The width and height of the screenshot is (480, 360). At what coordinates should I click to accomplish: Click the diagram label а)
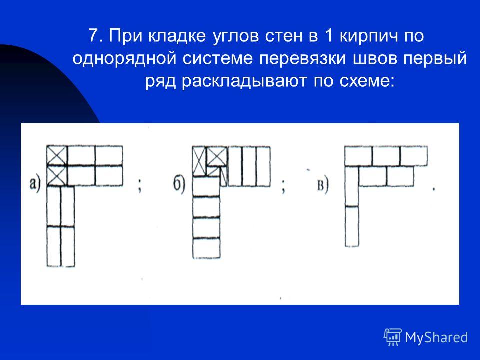click(x=35, y=185)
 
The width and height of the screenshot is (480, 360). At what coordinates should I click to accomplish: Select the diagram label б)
click(x=179, y=185)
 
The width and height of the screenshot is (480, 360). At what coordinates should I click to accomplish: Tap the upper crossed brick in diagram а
click(x=57, y=156)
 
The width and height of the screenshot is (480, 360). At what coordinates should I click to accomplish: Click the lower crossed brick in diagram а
click(x=57, y=176)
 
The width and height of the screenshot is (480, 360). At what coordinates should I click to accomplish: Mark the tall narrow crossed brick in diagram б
click(x=199, y=161)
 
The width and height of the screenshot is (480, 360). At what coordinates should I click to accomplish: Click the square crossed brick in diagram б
click(x=217, y=156)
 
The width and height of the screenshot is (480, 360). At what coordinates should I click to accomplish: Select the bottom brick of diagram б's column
click(x=206, y=248)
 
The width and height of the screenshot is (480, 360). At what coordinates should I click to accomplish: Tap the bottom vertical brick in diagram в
click(x=352, y=226)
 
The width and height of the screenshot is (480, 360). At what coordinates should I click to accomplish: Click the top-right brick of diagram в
click(x=414, y=156)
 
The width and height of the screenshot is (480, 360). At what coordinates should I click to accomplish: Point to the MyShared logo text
click(x=436, y=337)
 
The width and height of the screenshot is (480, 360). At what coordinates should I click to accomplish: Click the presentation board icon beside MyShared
click(x=393, y=337)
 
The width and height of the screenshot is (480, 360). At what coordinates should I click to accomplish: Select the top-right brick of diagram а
click(x=109, y=156)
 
